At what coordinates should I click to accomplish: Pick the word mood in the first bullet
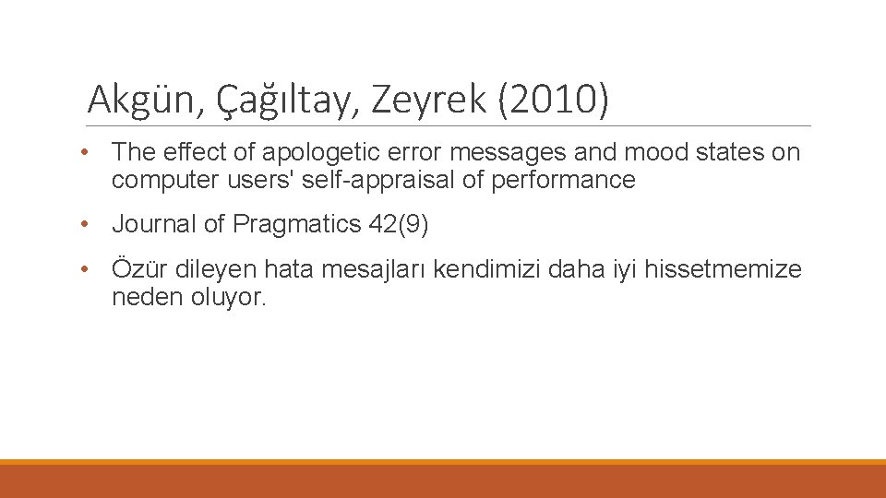649,152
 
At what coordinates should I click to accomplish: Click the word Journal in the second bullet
153,224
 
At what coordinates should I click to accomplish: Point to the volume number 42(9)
399,224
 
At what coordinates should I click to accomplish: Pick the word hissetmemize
723,269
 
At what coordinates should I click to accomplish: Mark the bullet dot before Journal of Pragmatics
84,224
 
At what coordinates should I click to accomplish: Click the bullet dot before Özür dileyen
84,269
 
